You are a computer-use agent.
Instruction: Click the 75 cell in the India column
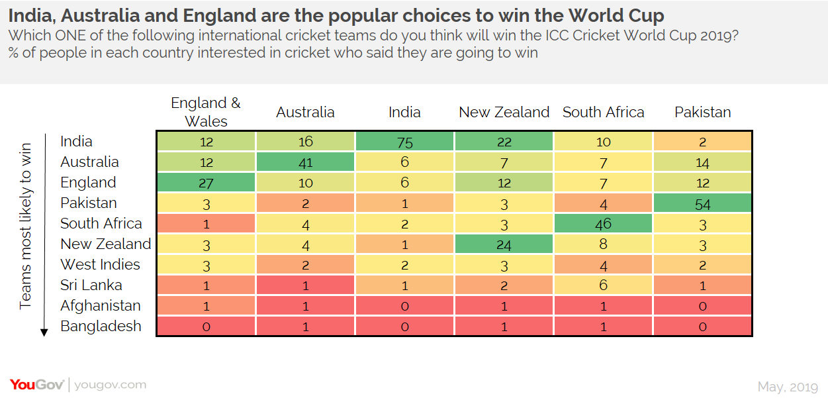point(404,142)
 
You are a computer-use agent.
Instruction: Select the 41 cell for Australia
point(305,162)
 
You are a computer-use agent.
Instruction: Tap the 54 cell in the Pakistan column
point(702,203)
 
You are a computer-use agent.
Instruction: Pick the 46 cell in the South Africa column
point(603,224)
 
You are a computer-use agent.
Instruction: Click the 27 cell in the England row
point(206,183)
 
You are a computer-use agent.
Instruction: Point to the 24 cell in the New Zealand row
point(504,244)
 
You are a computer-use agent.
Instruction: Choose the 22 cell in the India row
point(504,142)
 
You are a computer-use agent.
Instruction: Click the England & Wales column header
point(206,112)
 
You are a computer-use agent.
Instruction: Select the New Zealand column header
point(504,113)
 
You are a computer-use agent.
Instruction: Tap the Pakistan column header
point(702,113)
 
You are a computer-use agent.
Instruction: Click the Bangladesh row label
point(101,326)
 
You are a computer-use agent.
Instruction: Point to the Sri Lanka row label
point(91,285)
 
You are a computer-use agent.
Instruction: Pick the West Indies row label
point(100,265)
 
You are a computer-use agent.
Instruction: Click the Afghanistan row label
point(101,306)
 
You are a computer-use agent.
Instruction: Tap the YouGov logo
point(36,385)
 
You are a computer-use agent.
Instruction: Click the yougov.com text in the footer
point(110,385)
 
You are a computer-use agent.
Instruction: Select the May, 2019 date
point(788,386)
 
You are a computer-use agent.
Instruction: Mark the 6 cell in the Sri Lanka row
point(603,285)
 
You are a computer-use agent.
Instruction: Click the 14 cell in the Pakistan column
point(702,162)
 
